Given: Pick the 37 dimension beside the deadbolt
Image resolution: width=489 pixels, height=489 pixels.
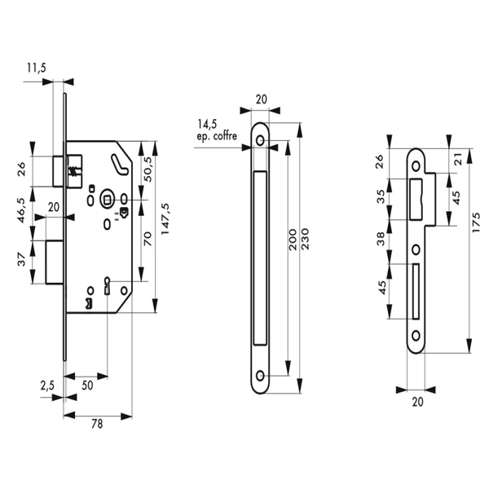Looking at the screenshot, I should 21,260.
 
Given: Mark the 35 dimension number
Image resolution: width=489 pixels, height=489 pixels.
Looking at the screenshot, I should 383,196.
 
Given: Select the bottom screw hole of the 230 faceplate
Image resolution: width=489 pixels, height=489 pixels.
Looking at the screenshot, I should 261,375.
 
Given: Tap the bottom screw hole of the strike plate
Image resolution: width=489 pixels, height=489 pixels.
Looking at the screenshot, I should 416,335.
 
